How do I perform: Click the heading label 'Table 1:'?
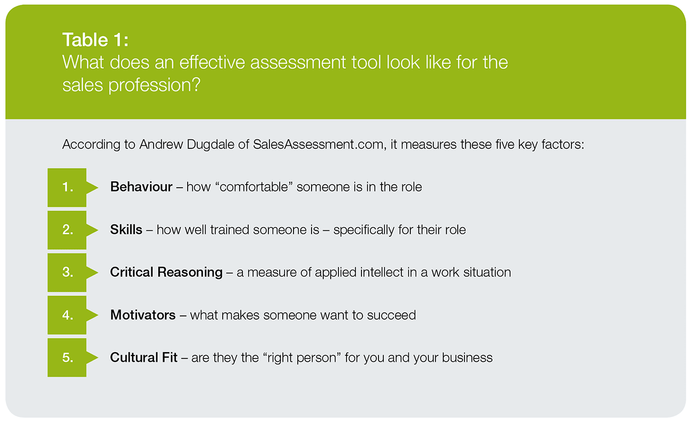(x=95, y=40)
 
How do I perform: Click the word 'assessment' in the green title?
(x=298, y=62)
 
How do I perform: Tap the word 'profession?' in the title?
(x=154, y=85)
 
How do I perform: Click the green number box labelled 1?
(x=67, y=187)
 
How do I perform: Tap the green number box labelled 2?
(x=67, y=230)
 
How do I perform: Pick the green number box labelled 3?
(x=67, y=272)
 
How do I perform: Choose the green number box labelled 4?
(x=67, y=315)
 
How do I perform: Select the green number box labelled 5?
(x=67, y=358)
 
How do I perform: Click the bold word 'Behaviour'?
(x=141, y=187)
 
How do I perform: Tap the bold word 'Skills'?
(x=126, y=230)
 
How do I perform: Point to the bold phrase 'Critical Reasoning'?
(x=166, y=272)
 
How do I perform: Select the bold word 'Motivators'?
(x=143, y=315)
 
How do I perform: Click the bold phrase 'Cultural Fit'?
(x=144, y=358)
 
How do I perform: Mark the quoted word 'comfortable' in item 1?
(x=254, y=187)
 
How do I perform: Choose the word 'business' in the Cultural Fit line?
(x=467, y=358)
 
